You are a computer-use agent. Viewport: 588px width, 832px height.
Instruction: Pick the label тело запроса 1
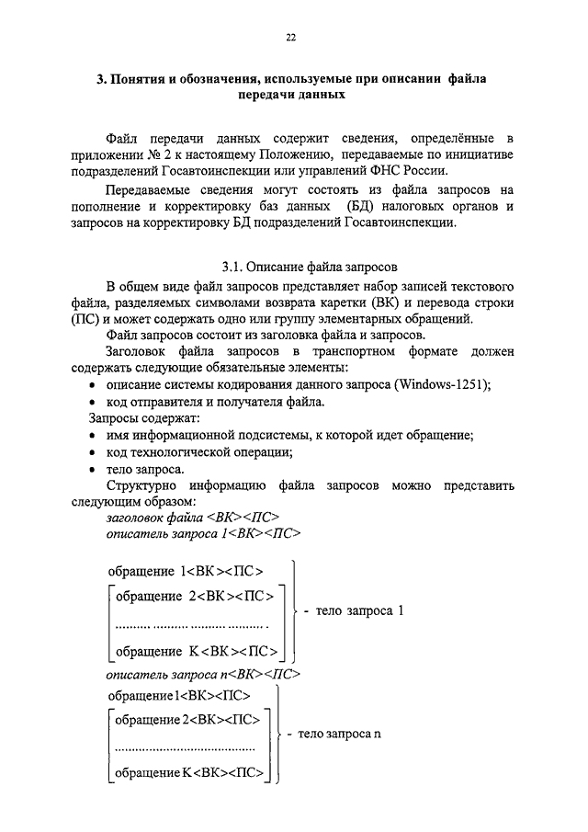[x=359, y=610]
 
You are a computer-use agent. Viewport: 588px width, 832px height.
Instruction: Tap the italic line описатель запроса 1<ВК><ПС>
[x=204, y=532]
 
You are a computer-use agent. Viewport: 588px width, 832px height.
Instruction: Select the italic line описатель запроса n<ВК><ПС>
[x=204, y=673]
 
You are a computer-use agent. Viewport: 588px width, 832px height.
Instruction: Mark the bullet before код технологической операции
[x=95, y=452]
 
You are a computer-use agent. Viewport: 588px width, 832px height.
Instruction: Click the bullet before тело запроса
[x=95, y=469]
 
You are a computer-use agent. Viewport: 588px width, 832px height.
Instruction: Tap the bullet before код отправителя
[x=95, y=403]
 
